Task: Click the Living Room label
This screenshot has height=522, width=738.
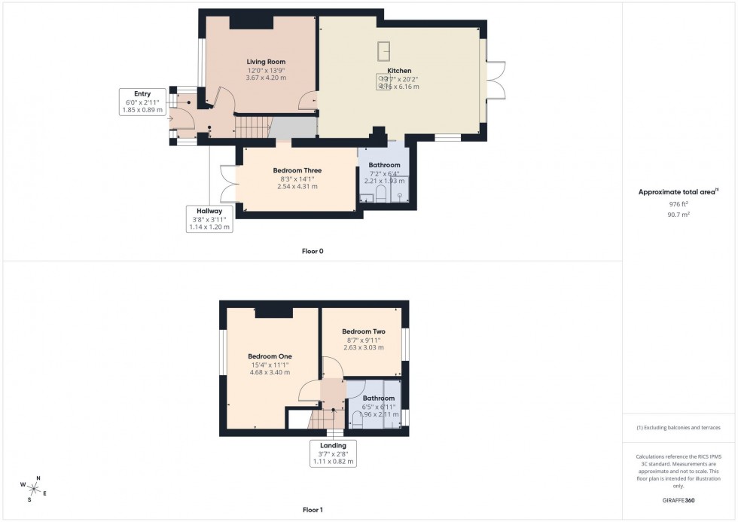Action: click(266, 62)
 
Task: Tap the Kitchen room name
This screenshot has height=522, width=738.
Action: click(399, 71)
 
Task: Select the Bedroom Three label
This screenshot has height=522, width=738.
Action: click(297, 171)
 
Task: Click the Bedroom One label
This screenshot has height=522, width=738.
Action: click(270, 356)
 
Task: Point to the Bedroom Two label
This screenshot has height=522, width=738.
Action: click(363, 331)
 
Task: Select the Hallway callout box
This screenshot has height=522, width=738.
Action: click(210, 218)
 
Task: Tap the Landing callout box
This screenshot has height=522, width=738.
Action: click(334, 453)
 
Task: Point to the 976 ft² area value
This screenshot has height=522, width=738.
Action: click(679, 204)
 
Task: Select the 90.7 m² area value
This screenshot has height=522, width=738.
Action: click(679, 214)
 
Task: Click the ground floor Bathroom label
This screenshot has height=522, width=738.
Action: click(384, 165)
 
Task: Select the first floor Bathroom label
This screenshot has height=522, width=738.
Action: click(378, 398)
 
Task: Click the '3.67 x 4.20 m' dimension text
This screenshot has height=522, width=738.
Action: click(266, 78)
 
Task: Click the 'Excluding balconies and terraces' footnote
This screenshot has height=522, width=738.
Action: click(679, 427)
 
